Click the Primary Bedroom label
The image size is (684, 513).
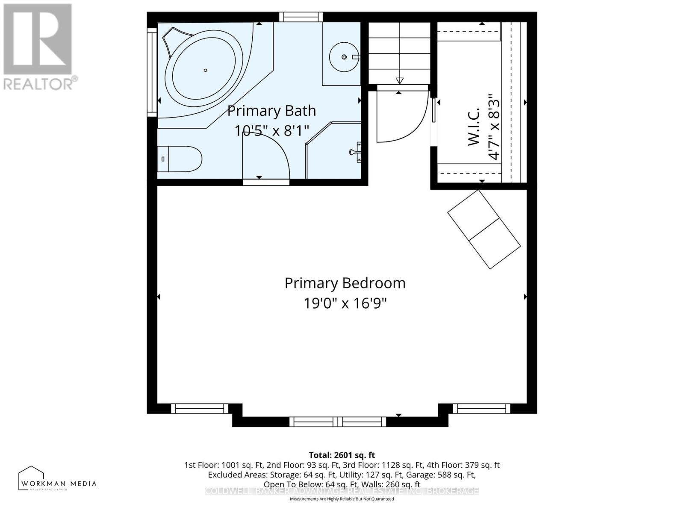(x=345, y=283)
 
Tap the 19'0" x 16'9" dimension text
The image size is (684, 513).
(x=345, y=304)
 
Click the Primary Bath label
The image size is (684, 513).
(x=271, y=111)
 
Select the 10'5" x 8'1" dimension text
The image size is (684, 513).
(x=271, y=130)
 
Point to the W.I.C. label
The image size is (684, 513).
(x=474, y=127)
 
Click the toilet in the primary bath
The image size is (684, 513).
(x=180, y=159)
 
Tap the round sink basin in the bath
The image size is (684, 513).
(x=344, y=57)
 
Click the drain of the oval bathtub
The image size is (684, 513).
(x=206, y=70)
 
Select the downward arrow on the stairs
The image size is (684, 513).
(x=400, y=80)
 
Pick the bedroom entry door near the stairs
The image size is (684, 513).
(x=402, y=115)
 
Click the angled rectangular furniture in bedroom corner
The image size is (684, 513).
(x=484, y=230)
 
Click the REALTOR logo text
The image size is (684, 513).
(x=41, y=83)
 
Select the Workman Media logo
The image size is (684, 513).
(x=57, y=479)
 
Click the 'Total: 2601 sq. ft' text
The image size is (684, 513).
(x=342, y=455)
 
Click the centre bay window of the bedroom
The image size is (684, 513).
(x=338, y=422)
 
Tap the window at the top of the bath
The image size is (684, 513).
(x=301, y=17)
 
